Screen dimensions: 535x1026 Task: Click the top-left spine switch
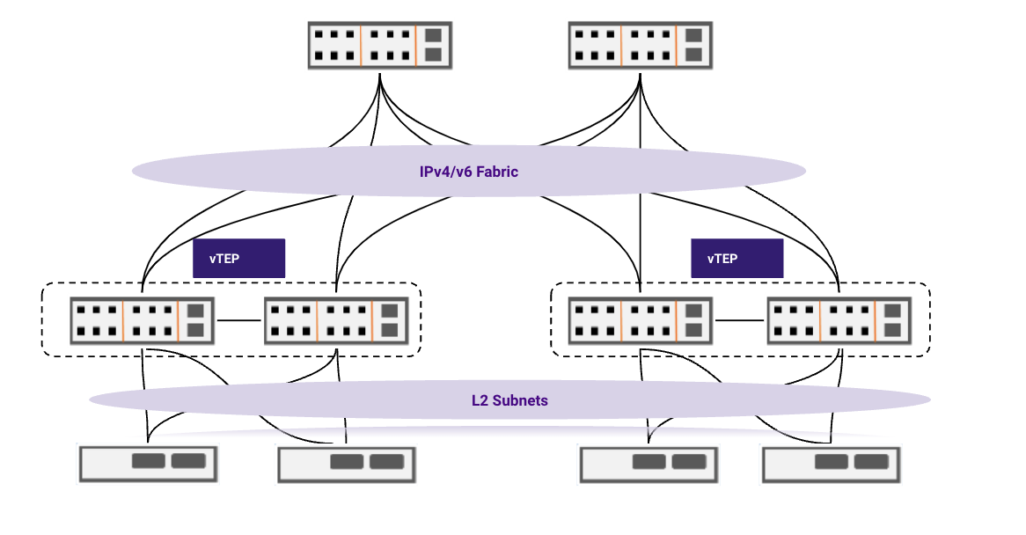click(380, 46)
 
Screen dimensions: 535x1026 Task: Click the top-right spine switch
click(641, 46)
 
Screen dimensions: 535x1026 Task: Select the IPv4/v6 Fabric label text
click(469, 172)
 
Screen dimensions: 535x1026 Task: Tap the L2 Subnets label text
click(509, 400)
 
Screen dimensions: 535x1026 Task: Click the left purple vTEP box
click(239, 259)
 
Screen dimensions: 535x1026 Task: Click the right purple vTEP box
click(737, 259)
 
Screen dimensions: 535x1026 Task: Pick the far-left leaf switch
click(142, 320)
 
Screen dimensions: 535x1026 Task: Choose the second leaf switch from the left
click(336, 320)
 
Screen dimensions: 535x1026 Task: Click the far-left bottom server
click(148, 463)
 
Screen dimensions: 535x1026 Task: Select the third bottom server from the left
click(649, 463)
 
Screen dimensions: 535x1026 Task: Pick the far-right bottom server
click(832, 463)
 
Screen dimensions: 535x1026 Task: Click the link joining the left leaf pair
click(238, 320)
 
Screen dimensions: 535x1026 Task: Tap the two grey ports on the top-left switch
click(433, 46)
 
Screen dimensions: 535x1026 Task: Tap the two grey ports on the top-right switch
click(693, 46)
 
